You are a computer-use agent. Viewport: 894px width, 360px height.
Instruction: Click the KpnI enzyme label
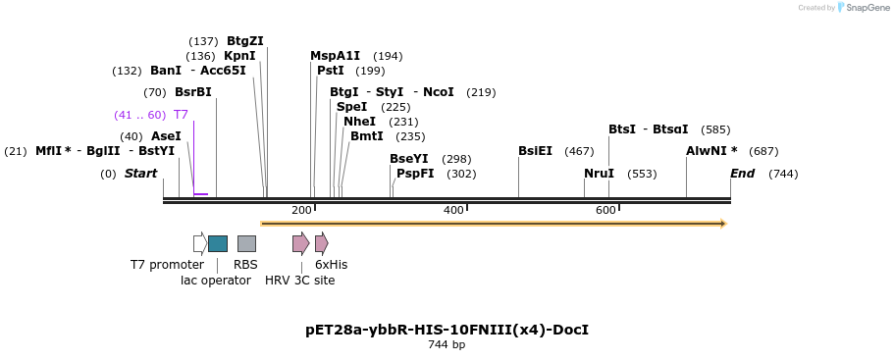tap(239, 56)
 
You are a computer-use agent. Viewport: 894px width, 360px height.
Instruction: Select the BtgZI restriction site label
tap(245, 41)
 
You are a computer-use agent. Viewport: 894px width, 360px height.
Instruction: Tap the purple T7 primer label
tap(181, 115)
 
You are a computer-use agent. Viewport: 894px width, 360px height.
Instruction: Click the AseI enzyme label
tap(166, 136)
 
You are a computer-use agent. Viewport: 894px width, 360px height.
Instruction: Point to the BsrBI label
tap(193, 92)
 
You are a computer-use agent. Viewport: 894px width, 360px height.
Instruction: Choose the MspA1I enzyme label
tap(336, 56)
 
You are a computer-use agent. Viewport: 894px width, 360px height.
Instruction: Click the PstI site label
tap(331, 71)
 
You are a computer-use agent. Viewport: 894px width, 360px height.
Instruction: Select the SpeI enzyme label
tap(351, 107)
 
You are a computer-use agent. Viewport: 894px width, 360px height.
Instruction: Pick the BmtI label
tap(366, 136)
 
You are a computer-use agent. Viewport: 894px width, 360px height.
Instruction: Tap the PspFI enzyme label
tap(415, 174)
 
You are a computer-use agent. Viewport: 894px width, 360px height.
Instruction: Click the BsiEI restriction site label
tap(535, 151)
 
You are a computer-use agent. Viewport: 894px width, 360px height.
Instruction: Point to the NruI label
tap(599, 174)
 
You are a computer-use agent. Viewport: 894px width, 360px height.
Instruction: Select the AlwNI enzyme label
tap(711, 151)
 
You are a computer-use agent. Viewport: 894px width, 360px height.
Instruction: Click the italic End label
tap(743, 174)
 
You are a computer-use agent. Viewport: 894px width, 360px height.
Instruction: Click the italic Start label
tap(140, 174)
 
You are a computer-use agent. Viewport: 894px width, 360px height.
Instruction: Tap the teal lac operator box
tap(218, 243)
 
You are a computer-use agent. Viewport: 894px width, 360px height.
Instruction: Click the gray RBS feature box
tap(246, 243)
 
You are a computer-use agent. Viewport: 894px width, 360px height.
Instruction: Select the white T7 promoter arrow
tap(200, 243)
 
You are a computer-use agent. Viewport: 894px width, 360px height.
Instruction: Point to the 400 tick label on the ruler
tap(453, 211)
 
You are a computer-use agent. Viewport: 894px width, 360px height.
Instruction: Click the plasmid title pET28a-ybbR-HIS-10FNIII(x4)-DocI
tap(447, 330)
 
